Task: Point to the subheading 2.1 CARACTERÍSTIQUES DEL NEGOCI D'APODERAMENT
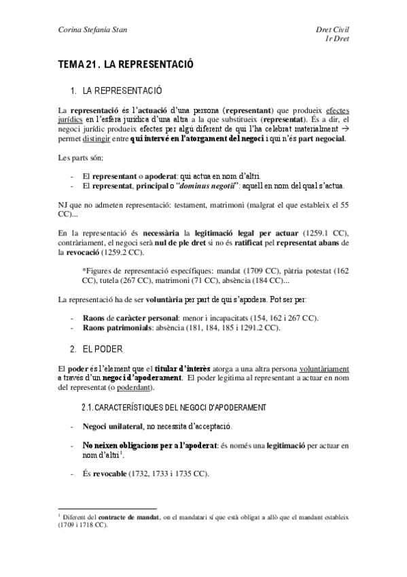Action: (173, 407)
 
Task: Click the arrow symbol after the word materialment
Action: (344, 129)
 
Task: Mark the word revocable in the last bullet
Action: (112, 474)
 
